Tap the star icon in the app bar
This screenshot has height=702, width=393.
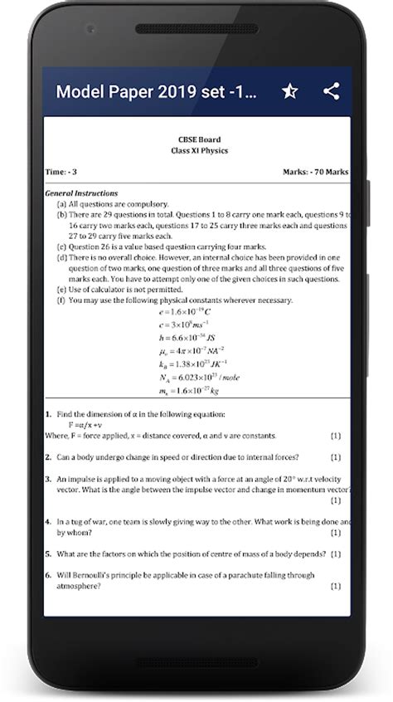[289, 91]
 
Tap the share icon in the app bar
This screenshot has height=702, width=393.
[332, 91]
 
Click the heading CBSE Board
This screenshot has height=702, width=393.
[199, 139]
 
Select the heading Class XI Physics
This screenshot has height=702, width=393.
[199, 150]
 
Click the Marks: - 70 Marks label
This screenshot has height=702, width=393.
[316, 173]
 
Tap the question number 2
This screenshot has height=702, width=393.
[48, 457]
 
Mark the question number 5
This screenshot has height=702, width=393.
[48, 553]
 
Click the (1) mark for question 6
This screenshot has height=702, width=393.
[336, 586]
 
